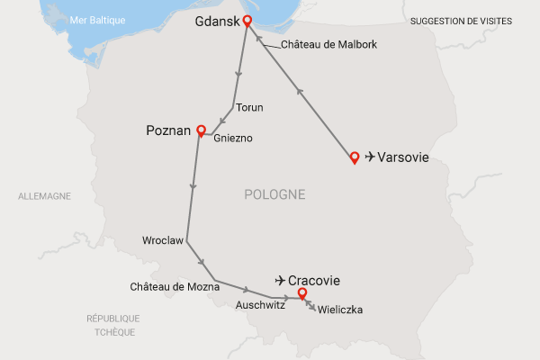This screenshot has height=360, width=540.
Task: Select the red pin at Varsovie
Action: pos(355,157)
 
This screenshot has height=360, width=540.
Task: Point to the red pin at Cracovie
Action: pos(301,292)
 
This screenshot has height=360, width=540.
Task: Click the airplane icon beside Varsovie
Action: pos(370,158)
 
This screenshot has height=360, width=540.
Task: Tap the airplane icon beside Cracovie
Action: pos(281,280)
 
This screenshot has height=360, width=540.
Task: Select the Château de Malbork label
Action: pos(328,44)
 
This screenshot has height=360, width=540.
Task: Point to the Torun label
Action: pos(249,108)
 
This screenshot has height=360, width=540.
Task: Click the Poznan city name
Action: pos(168,131)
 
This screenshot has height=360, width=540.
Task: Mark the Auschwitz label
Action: pos(260,305)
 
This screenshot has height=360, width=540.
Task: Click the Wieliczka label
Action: pos(340,310)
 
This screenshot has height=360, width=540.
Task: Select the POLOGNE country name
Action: pos(274,194)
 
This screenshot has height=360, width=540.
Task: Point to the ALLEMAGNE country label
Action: pos(45,196)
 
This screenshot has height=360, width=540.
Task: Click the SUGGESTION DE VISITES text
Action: pos(461,20)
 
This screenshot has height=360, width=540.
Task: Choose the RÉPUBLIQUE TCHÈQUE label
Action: pos(112,325)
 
